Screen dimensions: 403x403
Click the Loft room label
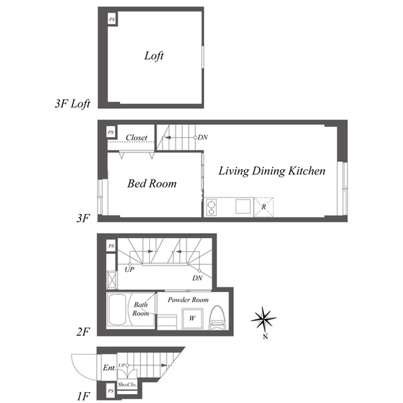pyautogui.click(x=154, y=56)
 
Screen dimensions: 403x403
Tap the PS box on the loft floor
pyautogui.click(x=111, y=19)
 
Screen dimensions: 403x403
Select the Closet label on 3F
pyautogui.click(x=136, y=138)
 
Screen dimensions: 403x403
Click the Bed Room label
pyautogui.click(x=152, y=183)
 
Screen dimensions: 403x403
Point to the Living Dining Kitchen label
pyautogui.click(x=271, y=171)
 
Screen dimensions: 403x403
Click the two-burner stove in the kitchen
pyautogui.click(x=212, y=207)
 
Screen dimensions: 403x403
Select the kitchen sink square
pyautogui.click(x=243, y=207)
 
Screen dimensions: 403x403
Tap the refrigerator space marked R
pyautogui.click(x=264, y=207)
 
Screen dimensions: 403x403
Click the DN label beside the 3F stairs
pyautogui.click(x=203, y=137)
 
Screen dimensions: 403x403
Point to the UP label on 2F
pyautogui.click(x=129, y=269)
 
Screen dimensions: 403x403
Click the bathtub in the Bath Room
pyautogui.click(x=118, y=310)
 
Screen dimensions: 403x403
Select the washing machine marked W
pyautogui.click(x=192, y=318)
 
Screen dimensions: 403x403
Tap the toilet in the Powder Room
pyautogui.click(x=218, y=317)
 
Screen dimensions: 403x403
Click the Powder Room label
pyautogui.click(x=188, y=300)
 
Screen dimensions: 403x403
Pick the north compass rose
pyautogui.click(x=264, y=318)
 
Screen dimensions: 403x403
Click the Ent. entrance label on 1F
pyautogui.click(x=109, y=368)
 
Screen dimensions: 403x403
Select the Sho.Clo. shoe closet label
pyautogui.click(x=127, y=384)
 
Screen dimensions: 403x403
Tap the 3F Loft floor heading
pyautogui.click(x=73, y=104)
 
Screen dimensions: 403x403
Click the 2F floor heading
pyautogui.click(x=83, y=332)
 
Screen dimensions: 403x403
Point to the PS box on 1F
pyautogui.click(x=111, y=391)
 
